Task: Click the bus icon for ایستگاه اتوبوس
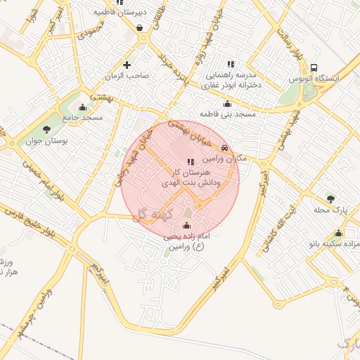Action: pyautogui.click(x=314, y=67)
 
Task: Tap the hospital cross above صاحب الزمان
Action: pyautogui.click(x=127, y=65)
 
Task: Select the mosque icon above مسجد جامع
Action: pyautogui.click(x=83, y=108)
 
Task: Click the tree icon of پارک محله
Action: pyautogui.click(x=330, y=199)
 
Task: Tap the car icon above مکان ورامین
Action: pyautogui.click(x=224, y=148)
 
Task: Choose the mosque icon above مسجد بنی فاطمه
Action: pyautogui.click(x=227, y=103)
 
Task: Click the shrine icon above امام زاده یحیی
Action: pyautogui.click(x=186, y=226)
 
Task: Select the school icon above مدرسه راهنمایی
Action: pyautogui.click(x=231, y=64)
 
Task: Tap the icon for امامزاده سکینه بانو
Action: pyautogui.click(x=339, y=233)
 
